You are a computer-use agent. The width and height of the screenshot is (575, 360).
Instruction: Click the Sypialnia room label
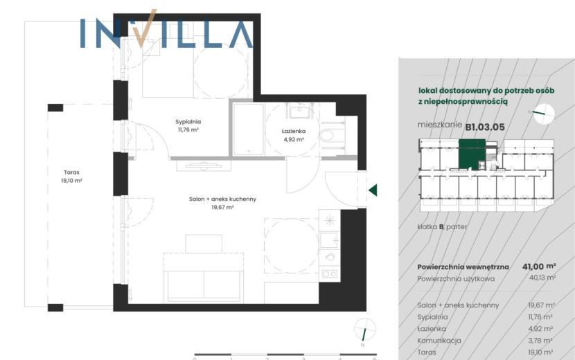(188, 122)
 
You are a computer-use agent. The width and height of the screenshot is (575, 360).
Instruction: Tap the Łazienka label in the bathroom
(294, 132)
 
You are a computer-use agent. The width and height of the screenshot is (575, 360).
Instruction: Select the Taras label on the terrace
(71, 172)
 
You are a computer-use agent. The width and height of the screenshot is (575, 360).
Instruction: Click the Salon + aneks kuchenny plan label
(222, 199)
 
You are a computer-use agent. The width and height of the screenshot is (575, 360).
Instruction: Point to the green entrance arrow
(373, 190)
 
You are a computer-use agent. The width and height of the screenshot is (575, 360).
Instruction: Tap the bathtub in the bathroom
(249, 129)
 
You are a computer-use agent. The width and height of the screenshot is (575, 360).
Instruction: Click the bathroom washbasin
(299, 110)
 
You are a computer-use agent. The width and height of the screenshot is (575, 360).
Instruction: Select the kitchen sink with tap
(329, 240)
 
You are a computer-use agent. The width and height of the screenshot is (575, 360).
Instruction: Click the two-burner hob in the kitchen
(329, 273)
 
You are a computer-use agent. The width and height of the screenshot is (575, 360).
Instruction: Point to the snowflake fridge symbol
(329, 220)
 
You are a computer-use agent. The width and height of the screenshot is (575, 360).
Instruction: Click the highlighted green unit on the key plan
(472, 154)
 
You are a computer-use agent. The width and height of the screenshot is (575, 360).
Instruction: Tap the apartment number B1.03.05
(485, 127)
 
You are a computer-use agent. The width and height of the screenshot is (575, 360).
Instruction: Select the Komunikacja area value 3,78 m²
(540, 341)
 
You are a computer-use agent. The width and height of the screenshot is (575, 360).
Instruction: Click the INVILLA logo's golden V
(145, 28)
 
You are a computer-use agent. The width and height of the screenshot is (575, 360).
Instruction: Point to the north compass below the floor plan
(365, 329)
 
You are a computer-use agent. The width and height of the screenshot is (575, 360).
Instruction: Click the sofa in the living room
(204, 278)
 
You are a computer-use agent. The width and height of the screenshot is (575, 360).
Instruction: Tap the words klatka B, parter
(442, 227)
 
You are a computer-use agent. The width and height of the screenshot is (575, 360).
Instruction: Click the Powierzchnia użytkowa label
(456, 278)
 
